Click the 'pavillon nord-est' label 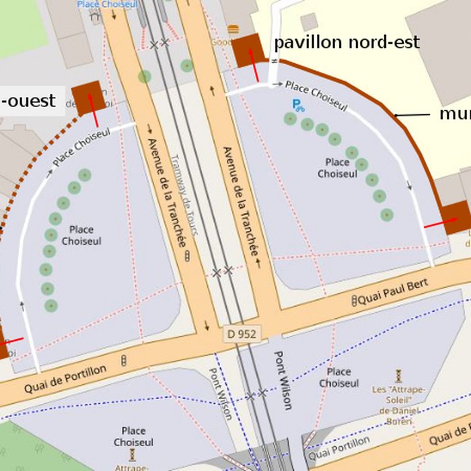347,43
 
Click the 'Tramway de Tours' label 184,195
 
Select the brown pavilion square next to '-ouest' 89,98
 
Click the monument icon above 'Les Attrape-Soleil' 398,374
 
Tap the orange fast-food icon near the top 233,29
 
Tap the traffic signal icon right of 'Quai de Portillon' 124,361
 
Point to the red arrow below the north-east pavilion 255,65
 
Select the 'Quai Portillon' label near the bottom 341,449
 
